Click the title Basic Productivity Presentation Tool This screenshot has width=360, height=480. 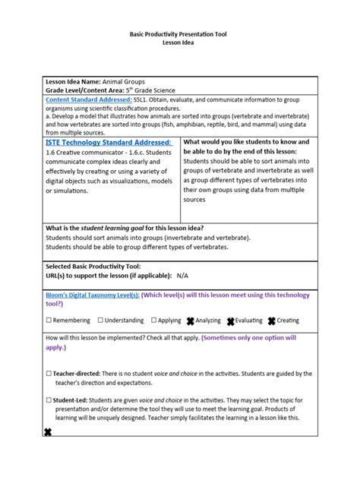(179, 35)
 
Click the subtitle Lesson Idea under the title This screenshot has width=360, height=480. (179, 44)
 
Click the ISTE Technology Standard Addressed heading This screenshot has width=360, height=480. (109, 142)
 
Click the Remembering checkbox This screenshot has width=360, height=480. (49, 321)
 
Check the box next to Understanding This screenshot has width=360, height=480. (100, 321)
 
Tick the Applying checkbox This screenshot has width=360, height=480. (154, 321)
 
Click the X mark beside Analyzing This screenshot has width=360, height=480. (191, 321)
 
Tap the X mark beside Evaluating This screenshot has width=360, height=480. (230, 321)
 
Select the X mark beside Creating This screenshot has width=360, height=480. (271, 321)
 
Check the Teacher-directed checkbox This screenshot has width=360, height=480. (49, 374)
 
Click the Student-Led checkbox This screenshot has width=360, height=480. (49, 400)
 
